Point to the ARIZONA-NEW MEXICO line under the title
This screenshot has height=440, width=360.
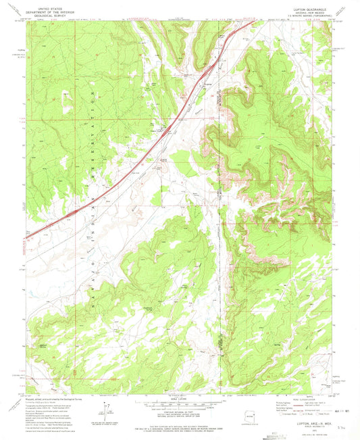[x=315, y=9]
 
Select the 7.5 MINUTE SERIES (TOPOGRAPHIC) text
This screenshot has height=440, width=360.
[x=315, y=13]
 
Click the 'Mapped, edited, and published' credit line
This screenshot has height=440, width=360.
[x=51, y=398]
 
